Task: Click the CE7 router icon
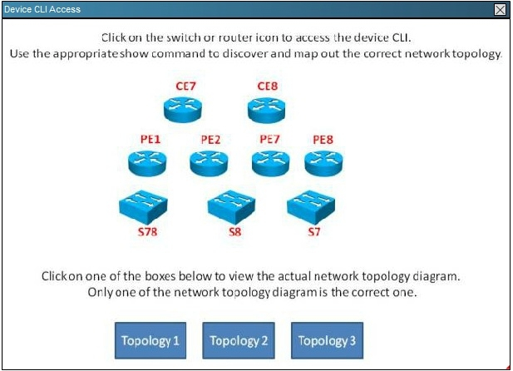click(x=183, y=110)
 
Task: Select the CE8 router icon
click(x=266, y=110)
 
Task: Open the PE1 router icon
click(x=147, y=163)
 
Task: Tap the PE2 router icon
click(x=209, y=163)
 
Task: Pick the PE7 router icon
click(x=270, y=163)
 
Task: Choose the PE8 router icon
click(x=323, y=163)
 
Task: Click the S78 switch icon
click(x=143, y=208)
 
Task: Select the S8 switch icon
click(x=232, y=208)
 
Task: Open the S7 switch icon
click(x=311, y=208)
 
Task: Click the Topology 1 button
click(x=150, y=340)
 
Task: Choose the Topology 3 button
click(x=327, y=340)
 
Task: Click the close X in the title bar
click(x=500, y=10)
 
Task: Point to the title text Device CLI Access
click(x=42, y=9)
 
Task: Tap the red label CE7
click(x=185, y=87)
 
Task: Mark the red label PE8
click(x=323, y=140)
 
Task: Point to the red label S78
click(x=147, y=232)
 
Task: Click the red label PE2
click(x=210, y=140)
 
